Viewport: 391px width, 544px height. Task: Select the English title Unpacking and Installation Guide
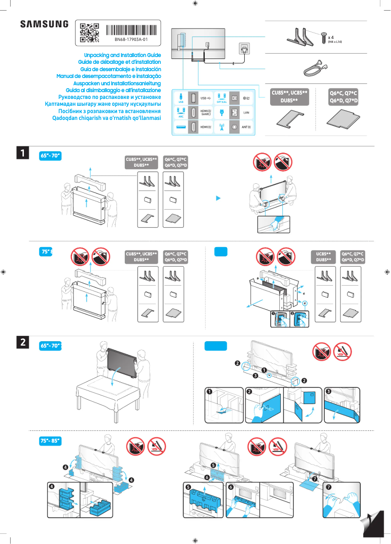click(x=122, y=56)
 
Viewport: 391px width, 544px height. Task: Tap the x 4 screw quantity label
click(x=331, y=37)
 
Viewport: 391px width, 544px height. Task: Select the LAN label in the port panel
click(x=246, y=113)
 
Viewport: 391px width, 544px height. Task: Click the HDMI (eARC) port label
click(x=206, y=113)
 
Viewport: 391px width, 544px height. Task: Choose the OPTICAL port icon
click(x=222, y=97)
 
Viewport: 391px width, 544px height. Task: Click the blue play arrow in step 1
click(x=219, y=198)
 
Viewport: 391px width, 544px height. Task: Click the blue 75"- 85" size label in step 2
click(x=50, y=441)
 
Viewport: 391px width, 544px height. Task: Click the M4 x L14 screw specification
click(x=335, y=42)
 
